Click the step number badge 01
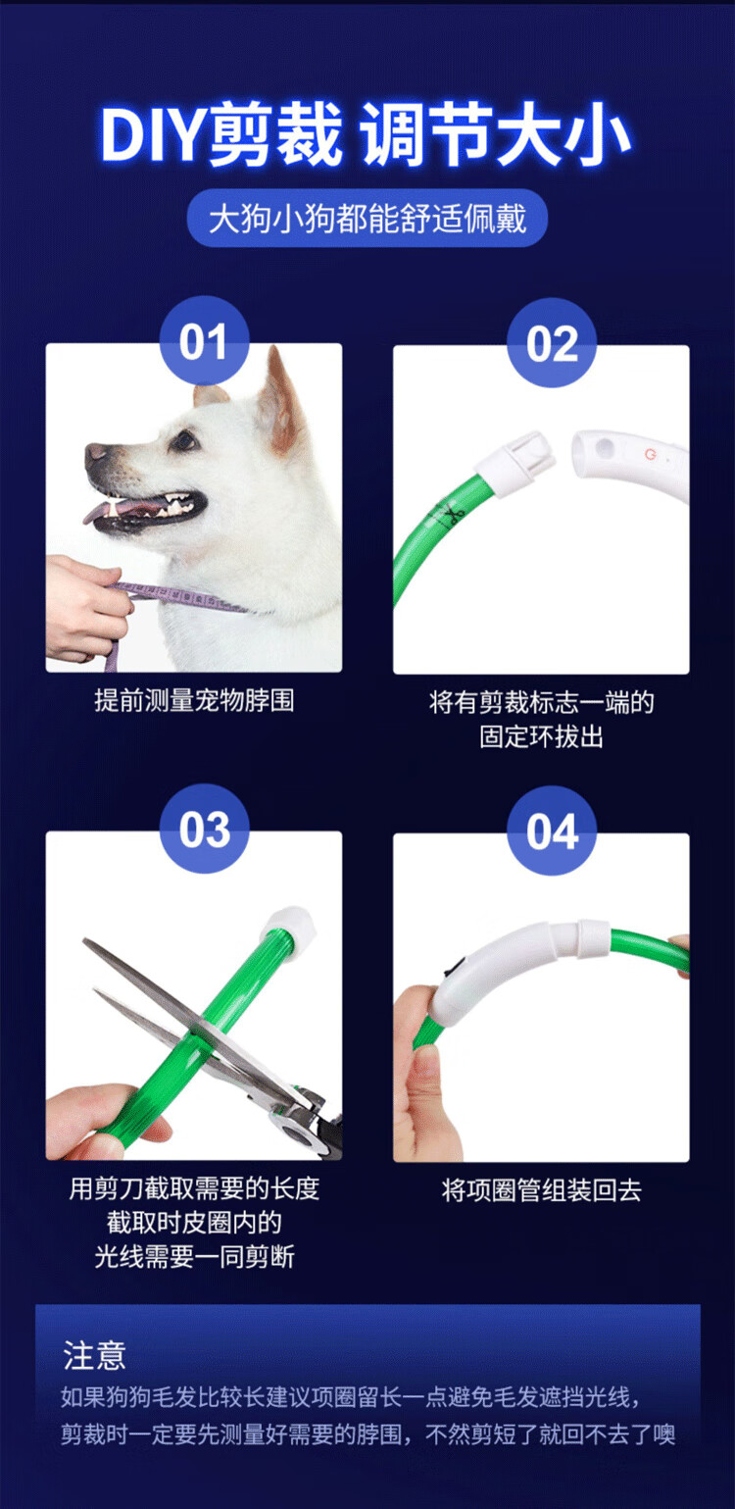(x=204, y=341)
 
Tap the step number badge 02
(x=552, y=343)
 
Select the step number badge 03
(x=204, y=829)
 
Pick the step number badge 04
(x=552, y=830)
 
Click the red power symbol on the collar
(x=650, y=455)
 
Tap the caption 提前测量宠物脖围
(x=194, y=701)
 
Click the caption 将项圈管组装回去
(x=541, y=1190)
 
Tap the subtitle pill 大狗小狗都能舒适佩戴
(x=367, y=219)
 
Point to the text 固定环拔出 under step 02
(x=541, y=737)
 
